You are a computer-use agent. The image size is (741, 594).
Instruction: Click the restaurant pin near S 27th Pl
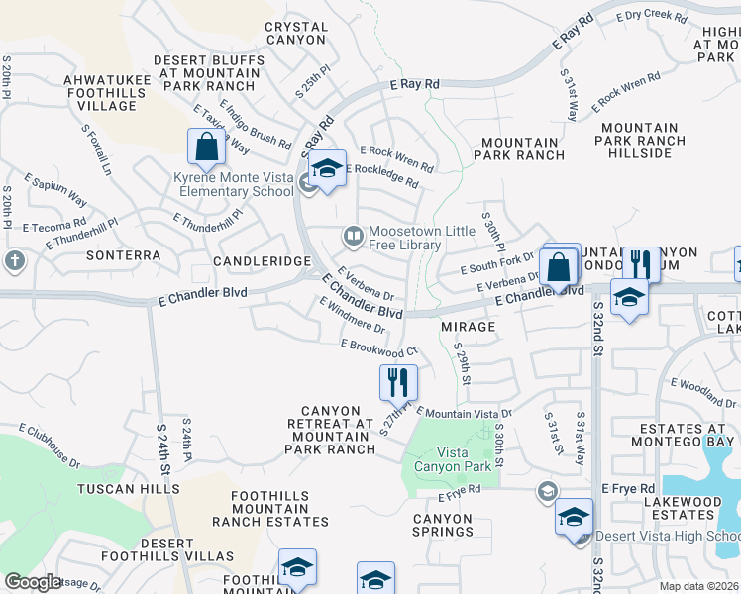coord(398,381)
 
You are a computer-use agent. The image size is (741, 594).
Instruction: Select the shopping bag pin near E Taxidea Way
coord(207,147)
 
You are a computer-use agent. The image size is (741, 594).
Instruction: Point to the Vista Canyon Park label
coord(451,459)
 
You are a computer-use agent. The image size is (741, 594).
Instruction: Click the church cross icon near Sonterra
coord(14,260)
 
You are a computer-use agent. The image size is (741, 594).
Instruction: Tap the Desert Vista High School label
coord(668,537)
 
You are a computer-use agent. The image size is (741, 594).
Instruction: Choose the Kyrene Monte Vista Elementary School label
coord(234,184)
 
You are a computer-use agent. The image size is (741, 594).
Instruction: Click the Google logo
coord(32,582)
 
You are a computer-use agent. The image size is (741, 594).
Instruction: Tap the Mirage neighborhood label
coord(468,326)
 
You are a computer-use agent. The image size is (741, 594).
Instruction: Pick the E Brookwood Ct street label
coord(379,347)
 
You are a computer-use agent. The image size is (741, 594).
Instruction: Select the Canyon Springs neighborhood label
coord(443,525)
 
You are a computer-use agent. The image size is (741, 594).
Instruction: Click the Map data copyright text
coord(698,586)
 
